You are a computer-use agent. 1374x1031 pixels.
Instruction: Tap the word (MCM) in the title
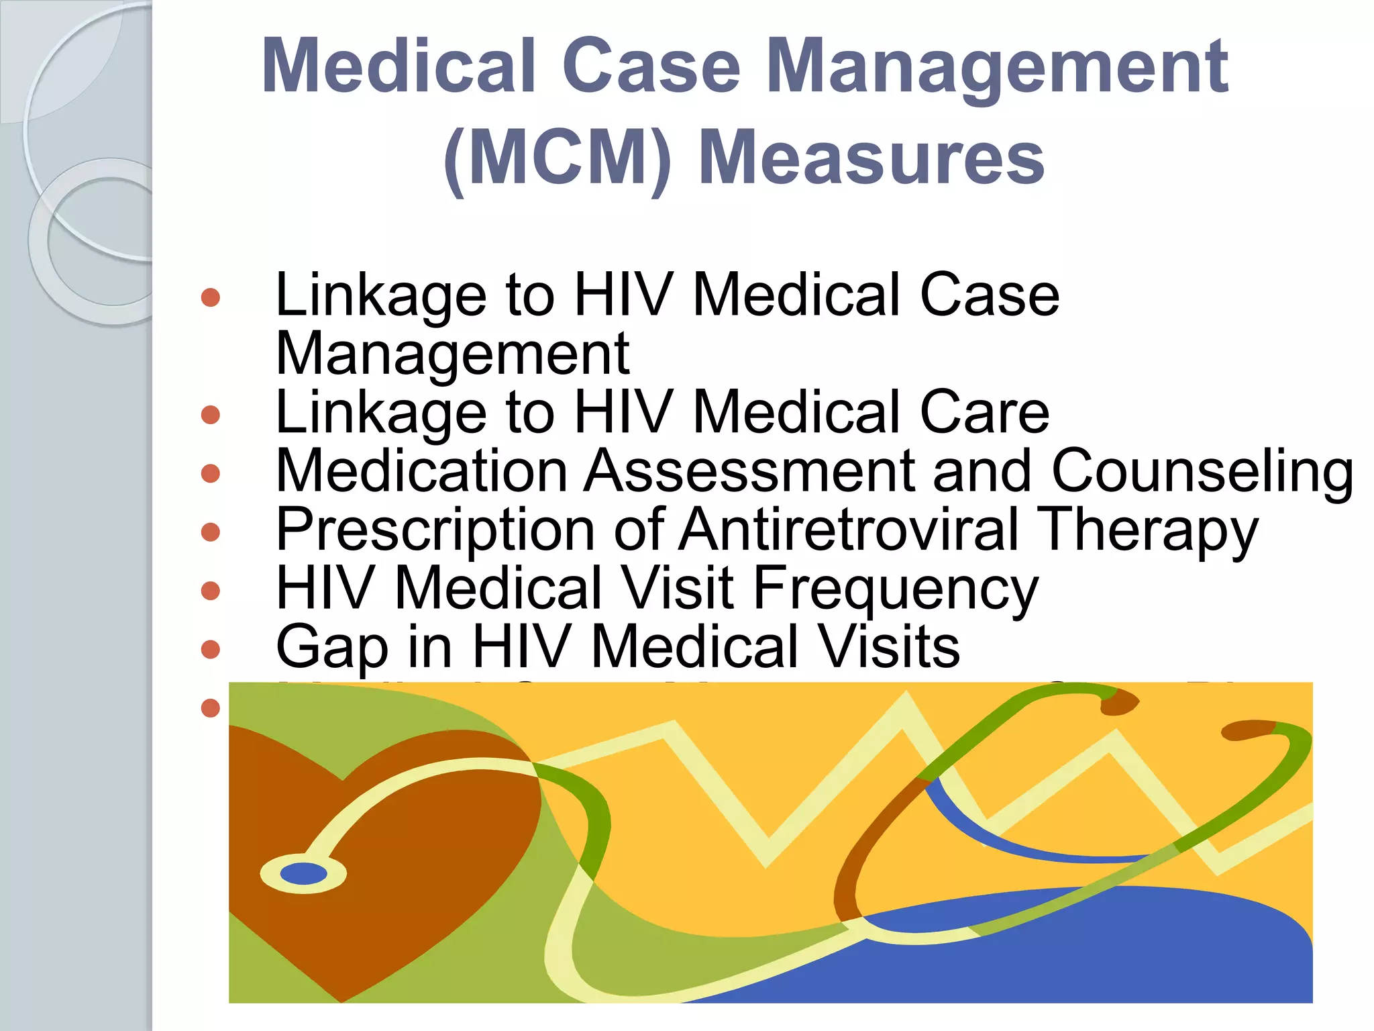pyautogui.click(x=557, y=158)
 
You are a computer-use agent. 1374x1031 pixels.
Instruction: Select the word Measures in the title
pyautogui.click(x=871, y=158)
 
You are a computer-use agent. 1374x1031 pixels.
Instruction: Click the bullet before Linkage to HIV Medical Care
pyautogui.click(x=211, y=414)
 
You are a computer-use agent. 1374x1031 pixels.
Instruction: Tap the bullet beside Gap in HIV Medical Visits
pyautogui.click(x=211, y=649)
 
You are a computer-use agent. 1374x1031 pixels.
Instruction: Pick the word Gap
pyautogui.click(x=332, y=648)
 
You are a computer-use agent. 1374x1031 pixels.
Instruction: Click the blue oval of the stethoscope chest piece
pyautogui.click(x=303, y=874)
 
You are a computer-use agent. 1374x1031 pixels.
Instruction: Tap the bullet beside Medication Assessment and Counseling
pyautogui.click(x=211, y=473)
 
